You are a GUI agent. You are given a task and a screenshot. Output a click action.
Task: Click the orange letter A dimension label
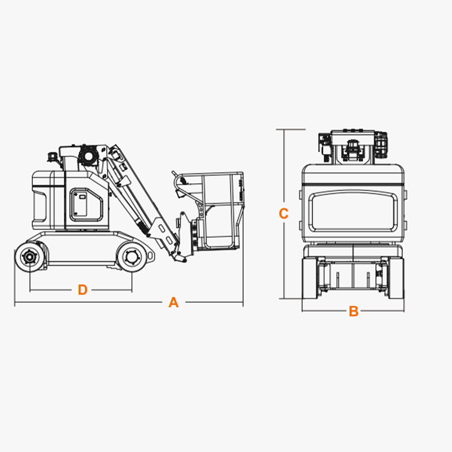[x=174, y=302]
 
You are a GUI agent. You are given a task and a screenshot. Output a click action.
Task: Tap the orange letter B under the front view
[x=353, y=311]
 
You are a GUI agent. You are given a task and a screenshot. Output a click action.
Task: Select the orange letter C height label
[x=283, y=214]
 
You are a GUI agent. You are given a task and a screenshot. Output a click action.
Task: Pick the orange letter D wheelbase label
[x=82, y=290]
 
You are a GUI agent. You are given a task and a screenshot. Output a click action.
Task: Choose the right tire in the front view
[x=396, y=278]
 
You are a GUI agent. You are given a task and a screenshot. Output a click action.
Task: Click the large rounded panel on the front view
[x=353, y=212]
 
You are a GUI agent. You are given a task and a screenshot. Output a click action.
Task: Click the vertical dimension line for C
[x=284, y=214]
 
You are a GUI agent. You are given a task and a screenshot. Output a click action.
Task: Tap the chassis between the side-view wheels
[x=82, y=248]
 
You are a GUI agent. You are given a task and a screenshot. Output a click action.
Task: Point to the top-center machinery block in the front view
[x=353, y=147]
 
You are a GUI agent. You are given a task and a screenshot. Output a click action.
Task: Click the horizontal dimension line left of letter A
[x=88, y=302]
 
